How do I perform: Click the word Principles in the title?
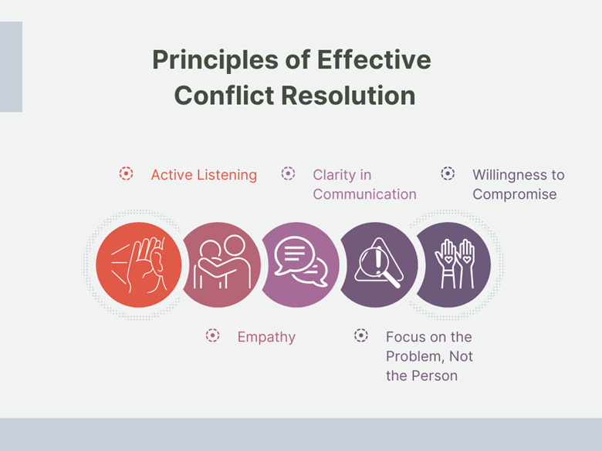[x=215, y=61]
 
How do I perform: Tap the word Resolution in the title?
[x=348, y=95]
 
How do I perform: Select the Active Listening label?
[x=204, y=175]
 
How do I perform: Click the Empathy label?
[x=266, y=337]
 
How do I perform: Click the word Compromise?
[x=515, y=194]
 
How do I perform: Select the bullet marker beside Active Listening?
[x=126, y=173]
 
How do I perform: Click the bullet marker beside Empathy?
[x=212, y=335]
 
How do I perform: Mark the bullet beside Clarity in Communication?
[x=288, y=173]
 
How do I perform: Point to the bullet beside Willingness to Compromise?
[x=448, y=173]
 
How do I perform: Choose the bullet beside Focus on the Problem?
[x=361, y=335]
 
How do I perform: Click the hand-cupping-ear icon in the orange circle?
[x=139, y=265]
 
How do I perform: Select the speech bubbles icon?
[x=301, y=261]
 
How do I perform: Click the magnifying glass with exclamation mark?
[x=379, y=262]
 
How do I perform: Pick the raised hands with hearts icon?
[x=455, y=264]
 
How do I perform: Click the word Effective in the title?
[x=374, y=60]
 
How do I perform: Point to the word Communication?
[x=365, y=194]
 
